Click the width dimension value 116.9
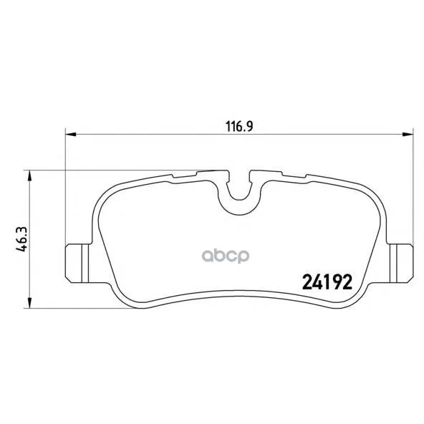click(239, 126)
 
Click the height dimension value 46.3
click(22, 239)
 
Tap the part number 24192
click(327, 282)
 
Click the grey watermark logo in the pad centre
click(226, 256)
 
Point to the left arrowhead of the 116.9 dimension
click(71, 134)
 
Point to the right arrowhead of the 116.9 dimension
click(408, 134)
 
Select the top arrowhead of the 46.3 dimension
click(29, 175)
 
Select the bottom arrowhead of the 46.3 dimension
click(29, 302)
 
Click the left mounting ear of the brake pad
click(78, 263)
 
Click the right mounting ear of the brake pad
click(400, 263)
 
